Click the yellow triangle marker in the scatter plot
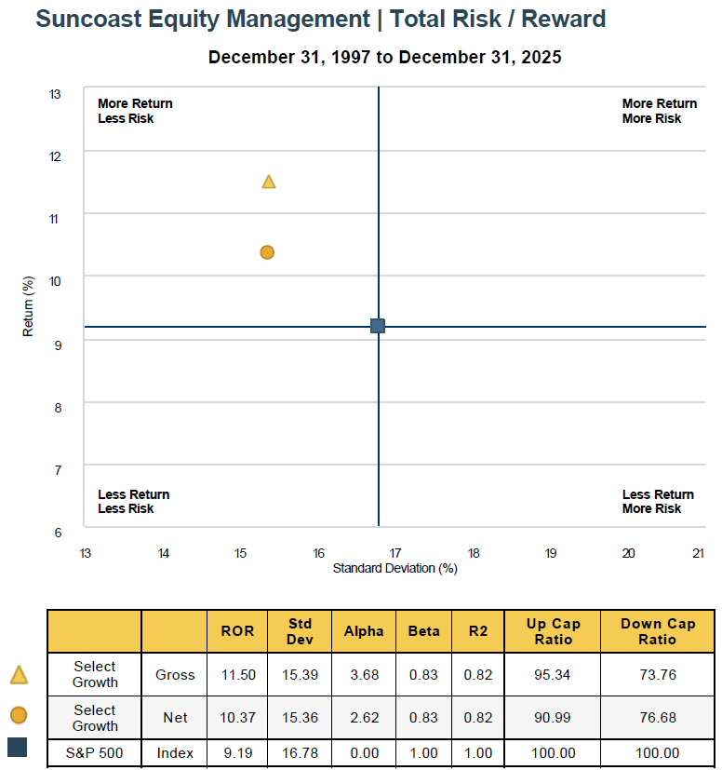coord(269,182)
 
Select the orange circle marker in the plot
coord(267,252)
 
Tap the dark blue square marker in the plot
coord(378,326)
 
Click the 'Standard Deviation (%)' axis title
coord(394,568)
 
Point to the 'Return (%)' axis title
coord(29,306)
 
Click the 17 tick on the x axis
coord(395,553)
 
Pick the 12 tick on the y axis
coord(55,156)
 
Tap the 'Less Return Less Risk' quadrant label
coord(134,502)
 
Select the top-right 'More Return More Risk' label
coord(659,111)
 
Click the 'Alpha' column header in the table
coord(364,631)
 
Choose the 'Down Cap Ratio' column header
coord(657,631)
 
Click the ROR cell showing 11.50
coord(238,675)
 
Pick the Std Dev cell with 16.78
coord(300,753)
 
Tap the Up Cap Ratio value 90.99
coord(551,718)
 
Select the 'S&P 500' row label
coord(94,753)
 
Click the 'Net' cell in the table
coord(175,718)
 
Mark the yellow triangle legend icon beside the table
coord(19,675)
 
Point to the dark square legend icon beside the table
coord(18,748)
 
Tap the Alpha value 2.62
coord(364,718)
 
